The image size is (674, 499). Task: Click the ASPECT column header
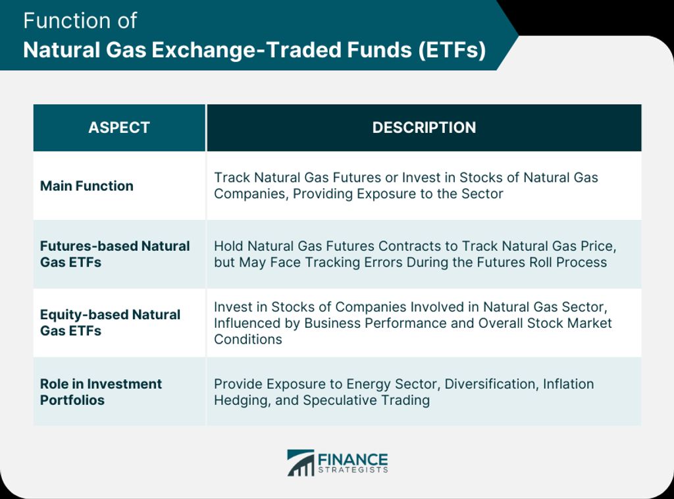click(119, 128)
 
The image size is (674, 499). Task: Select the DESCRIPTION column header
click(424, 128)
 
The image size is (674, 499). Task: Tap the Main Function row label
click(87, 186)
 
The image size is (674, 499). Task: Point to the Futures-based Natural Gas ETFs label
click(115, 254)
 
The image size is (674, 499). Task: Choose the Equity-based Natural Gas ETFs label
click(110, 323)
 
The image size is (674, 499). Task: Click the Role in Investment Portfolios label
click(101, 392)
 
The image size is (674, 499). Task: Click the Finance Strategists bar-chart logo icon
click(301, 463)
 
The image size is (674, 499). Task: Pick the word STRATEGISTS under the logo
click(353, 470)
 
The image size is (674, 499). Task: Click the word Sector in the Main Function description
click(482, 194)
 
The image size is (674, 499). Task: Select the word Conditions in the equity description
click(248, 339)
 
